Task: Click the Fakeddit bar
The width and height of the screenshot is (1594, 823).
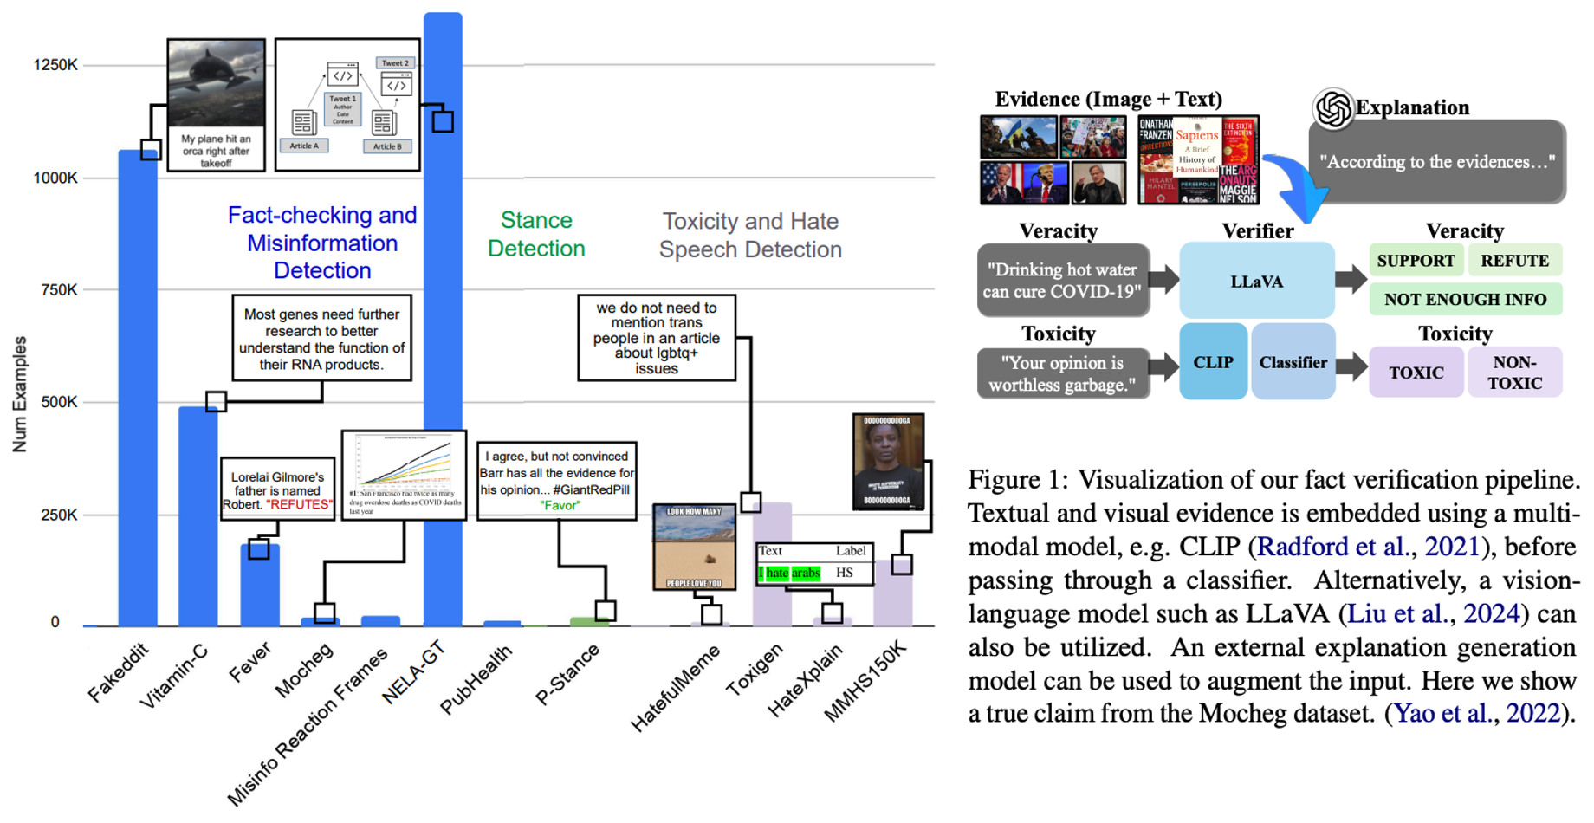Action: [137, 390]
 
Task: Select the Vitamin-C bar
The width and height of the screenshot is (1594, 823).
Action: [198, 520]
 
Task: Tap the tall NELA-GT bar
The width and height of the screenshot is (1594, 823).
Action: [443, 347]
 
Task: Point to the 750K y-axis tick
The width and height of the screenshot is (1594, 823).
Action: [59, 290]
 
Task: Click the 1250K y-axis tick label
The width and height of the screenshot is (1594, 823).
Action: [55, 65]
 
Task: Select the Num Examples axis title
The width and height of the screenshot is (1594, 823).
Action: [20, 394]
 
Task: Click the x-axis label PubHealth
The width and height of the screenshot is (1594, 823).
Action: [476, 680]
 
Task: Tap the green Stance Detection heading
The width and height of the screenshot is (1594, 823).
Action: [536, 235]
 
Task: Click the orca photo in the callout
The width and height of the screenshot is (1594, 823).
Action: [216, 83]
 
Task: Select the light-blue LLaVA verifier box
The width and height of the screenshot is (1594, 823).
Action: [1256, 282]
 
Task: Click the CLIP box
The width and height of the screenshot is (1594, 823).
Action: [1213, 362]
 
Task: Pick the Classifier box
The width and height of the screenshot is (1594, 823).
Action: [1293, 362]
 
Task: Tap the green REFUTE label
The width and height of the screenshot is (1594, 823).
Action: [1514, 261]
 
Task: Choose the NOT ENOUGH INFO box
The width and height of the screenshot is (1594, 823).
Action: [1465, 300]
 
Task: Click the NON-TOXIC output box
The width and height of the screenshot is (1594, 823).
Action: [1514, 373]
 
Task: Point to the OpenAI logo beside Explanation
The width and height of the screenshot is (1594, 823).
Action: [1332, 109]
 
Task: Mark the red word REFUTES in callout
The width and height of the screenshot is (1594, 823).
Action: [299, 505]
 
